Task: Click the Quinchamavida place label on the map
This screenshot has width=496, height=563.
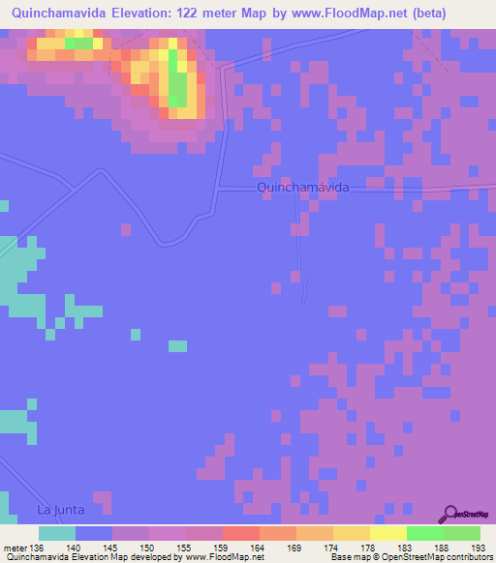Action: (x=303, y=186)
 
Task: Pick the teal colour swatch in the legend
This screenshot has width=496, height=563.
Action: (x=57, y=533)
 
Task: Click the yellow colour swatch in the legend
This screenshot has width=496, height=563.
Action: (x=387, y=533)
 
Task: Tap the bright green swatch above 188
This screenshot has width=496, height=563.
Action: (x=424, y=533)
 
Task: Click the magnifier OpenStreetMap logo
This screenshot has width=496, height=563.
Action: (x=450, y=514)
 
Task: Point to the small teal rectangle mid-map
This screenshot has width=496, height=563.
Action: (x=177, y=345)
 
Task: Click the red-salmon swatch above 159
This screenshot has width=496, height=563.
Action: (x=240, y=533)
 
